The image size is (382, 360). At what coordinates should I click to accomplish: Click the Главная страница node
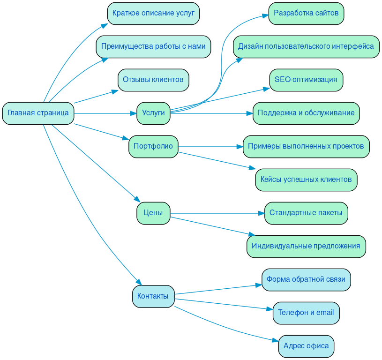38,113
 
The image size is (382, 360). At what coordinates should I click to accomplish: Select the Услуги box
153,113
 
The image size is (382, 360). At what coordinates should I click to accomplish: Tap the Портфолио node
153,146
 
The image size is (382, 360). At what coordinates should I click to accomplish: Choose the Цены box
153,213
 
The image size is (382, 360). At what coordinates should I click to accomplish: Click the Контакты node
153,296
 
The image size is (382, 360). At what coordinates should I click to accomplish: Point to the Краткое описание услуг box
153,13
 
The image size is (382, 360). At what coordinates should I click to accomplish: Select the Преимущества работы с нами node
153,46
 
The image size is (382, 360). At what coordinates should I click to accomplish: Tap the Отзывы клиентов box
153,80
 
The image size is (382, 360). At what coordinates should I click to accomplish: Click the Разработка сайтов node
306,13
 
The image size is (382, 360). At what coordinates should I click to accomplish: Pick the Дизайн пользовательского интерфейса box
306,46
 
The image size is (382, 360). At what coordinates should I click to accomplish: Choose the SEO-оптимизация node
306,80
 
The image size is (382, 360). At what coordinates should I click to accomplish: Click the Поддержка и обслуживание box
306,113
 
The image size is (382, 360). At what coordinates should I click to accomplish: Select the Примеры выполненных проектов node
306,146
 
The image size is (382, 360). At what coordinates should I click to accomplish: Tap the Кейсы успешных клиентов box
306,180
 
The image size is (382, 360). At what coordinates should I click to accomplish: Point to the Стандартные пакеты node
306,213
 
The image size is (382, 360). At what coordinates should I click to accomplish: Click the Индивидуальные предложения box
306,246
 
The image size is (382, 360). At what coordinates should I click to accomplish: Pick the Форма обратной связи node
306,279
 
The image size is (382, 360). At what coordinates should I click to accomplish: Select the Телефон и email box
306,313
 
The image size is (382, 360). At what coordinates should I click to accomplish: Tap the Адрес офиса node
306,346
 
